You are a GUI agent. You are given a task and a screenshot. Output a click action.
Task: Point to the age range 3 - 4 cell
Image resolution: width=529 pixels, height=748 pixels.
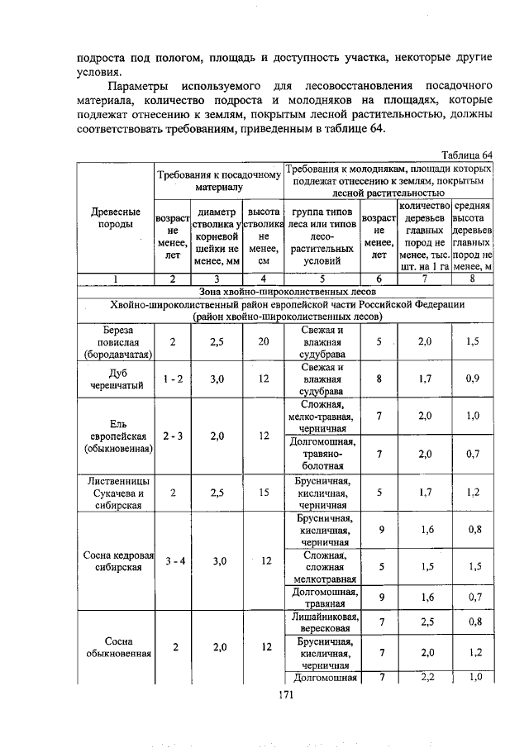coord(174,560)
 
